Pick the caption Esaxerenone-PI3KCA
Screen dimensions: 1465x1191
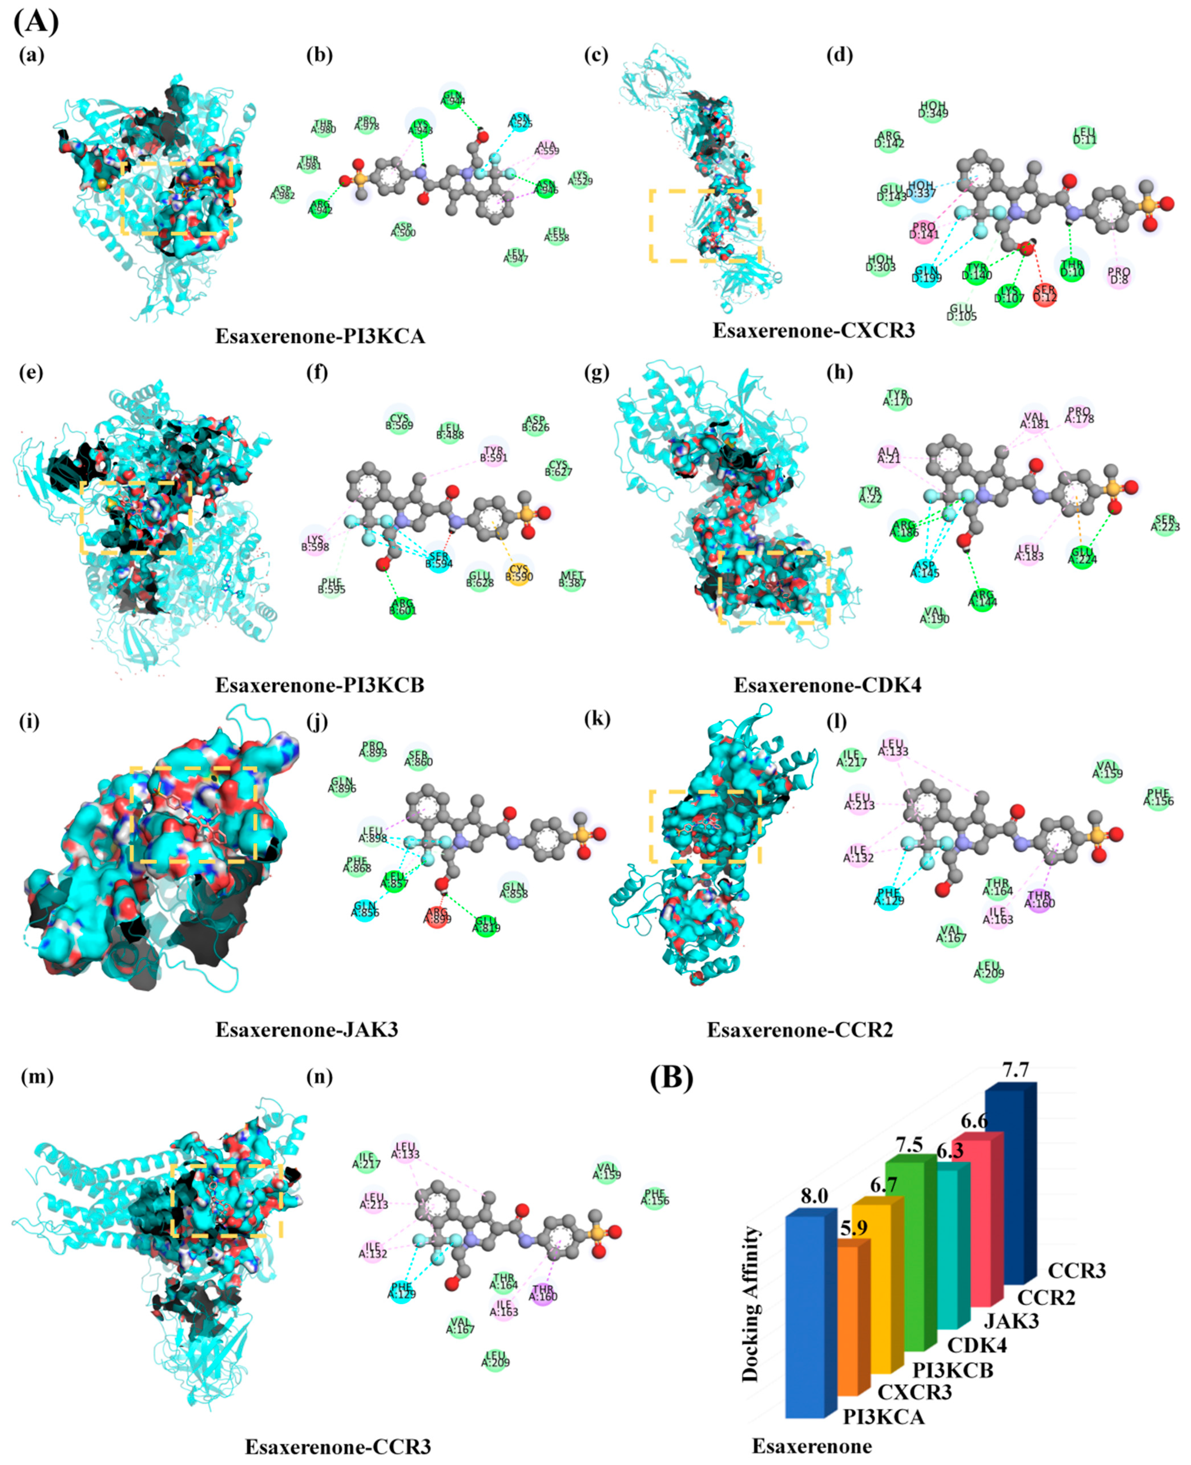(320, 336)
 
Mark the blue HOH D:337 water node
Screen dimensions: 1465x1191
(921, 189)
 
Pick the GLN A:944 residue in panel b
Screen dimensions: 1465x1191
(453, 98)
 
